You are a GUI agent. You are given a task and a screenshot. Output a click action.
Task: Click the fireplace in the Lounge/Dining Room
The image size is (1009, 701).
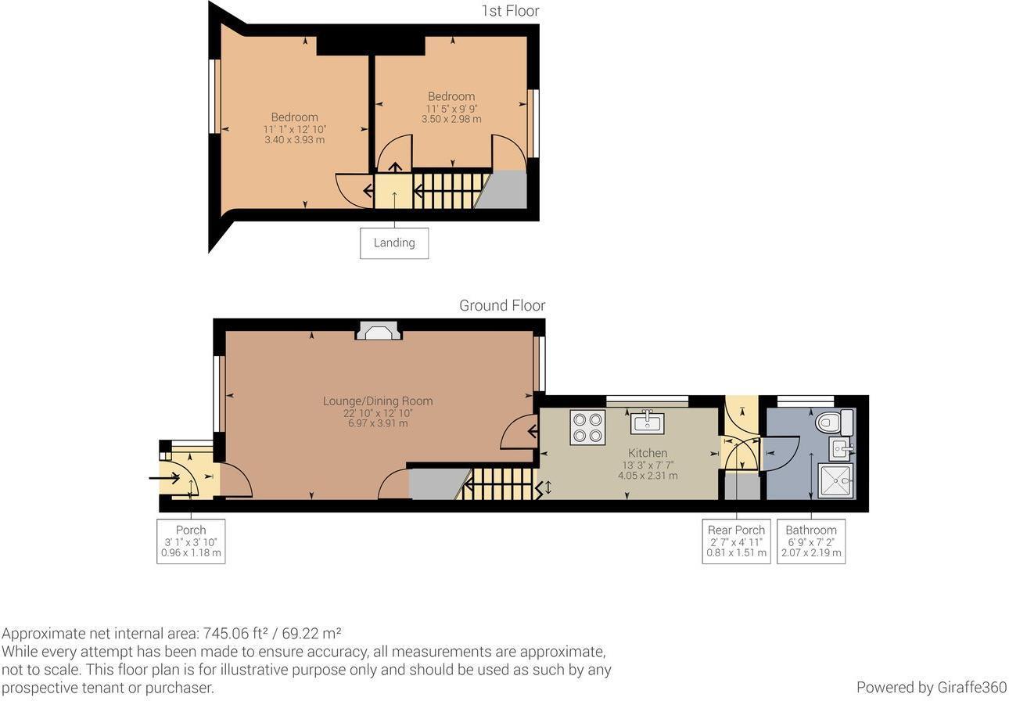(x=379, y=331)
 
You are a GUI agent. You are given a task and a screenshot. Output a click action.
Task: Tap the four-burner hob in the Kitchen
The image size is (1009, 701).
(x=587, y=427)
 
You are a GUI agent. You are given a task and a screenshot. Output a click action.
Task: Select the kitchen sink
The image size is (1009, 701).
(x=647, y=422)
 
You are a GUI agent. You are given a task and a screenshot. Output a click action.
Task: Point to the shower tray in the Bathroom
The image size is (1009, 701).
(x=835, y=480)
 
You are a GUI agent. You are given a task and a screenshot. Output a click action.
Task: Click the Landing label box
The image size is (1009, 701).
(x=394, y=243)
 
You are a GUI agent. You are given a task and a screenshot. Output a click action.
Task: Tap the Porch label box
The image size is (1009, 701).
(x=191, y=541)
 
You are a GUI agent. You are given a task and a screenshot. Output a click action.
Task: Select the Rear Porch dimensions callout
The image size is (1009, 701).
(x=735, y=541)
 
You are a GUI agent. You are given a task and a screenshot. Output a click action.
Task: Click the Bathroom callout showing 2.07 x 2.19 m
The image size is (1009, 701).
(x=811, y=552)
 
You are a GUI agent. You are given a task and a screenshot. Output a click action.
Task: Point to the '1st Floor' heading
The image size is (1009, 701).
(x=510, y=11)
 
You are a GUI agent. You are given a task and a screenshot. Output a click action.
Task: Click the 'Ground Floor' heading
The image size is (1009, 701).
(x=502, y=305)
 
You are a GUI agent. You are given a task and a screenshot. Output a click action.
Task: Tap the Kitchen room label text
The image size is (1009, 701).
(x=648, y=453)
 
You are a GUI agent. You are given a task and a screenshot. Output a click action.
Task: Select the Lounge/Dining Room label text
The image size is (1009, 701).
(x=378, y=401)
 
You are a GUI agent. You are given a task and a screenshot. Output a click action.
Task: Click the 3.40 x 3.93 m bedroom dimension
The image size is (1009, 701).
(x=295, y=140)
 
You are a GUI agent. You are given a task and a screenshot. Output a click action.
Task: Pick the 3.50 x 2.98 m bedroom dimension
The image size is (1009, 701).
(x=451, y=119)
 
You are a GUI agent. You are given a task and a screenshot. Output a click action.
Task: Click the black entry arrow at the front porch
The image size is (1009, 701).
(x=163, y=478)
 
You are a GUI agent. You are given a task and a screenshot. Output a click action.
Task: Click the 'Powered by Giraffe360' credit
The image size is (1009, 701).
(x=931, y=687)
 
